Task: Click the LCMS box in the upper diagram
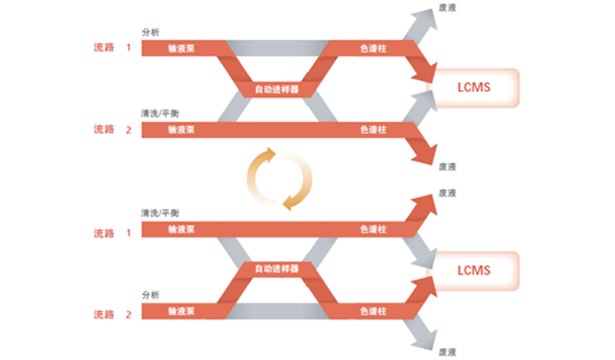tap(474, 86)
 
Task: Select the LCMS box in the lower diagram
tap(474, 270)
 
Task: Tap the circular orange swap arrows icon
tap(280, 178)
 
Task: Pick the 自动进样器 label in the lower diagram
tap(277, 268)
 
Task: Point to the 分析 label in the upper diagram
tap(150, 33)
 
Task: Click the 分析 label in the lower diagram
tap(150, 295)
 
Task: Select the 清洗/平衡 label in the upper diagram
tap(159, 113)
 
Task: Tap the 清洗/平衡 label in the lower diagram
tap(159, 213)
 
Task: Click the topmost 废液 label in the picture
tap(447, 7)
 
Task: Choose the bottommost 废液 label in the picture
tap(447, 351)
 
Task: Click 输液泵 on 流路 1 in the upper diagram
tap(180, 48)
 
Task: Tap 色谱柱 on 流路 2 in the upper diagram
tap(373, 129)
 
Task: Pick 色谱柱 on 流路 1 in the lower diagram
tap(373, 229)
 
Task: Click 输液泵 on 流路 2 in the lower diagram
tap(180, 311)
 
